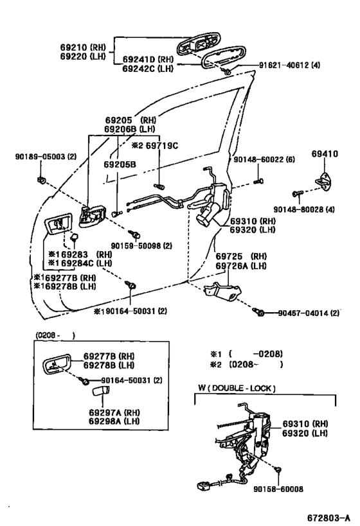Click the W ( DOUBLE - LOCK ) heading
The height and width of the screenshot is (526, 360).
point(237,387)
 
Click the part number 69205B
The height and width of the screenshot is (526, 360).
point(120,164)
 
